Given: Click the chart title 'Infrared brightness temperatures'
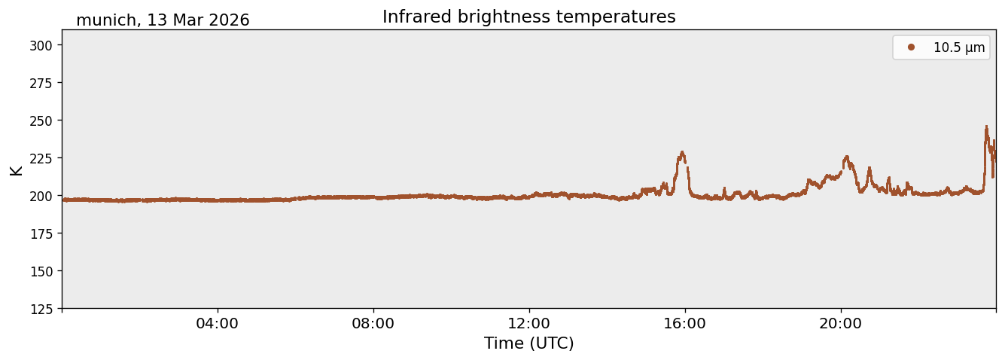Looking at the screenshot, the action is coord(528,17).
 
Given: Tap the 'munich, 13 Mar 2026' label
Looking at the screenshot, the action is coord(163,20).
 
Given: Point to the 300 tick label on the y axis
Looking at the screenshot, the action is coord(41,45).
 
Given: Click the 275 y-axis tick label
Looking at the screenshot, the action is coord(41,83).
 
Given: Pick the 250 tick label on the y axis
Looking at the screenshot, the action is coord(41,121).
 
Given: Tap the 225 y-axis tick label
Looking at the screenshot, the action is coord(41,158).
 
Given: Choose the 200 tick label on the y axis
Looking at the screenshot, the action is coord(41,196).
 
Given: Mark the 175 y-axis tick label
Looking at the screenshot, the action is coord(41,234).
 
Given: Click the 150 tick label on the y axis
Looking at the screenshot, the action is coord(41,272).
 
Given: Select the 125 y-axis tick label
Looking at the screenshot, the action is coord(41,310).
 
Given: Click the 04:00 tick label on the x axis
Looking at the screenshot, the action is coord(217,323).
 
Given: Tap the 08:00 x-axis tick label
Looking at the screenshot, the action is coord(373,323).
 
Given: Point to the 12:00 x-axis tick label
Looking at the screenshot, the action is coord(529,323).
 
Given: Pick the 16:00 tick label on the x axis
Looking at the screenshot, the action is coord(684,323).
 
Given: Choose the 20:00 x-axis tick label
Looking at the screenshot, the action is coord(840,323).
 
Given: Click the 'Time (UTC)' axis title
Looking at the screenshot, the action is coord(529,343).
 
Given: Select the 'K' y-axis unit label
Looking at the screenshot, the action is coord(17,170).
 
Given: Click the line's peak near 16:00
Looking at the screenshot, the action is coord(682,152).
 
